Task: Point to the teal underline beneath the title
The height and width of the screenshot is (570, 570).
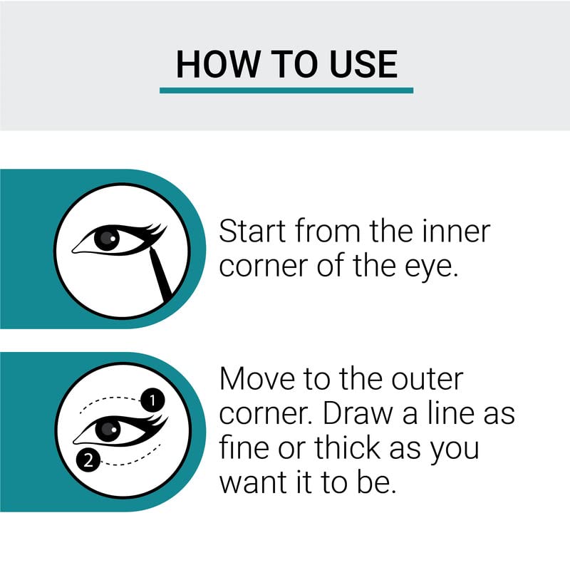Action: pyautogui.click(x=286, y=90)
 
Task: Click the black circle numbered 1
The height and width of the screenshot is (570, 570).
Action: pyautogui.click(x=152, y=400)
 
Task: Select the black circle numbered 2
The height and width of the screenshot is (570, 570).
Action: pyautogui.click(x=88, y=460)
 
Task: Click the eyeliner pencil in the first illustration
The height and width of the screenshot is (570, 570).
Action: pyautogui.click(x=160, y=274)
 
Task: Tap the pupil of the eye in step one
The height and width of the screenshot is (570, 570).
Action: pyautogui.click(x=107, y=238)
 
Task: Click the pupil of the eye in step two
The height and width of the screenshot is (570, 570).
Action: pyautogui.click(x=108, y=430)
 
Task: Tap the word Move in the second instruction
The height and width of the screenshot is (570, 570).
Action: pyautogui.click(x=257, y=379)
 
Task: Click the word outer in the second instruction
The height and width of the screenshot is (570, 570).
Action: pyautogui.click(x=427, y=380)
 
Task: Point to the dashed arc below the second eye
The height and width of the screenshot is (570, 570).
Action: pyautogui.click(x=131, y=458)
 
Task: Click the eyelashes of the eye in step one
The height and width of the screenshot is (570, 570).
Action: pyautogui.click(x=155, y=231)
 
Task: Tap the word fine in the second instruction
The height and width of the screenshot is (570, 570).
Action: pyautogui.click(x=244, y=447)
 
